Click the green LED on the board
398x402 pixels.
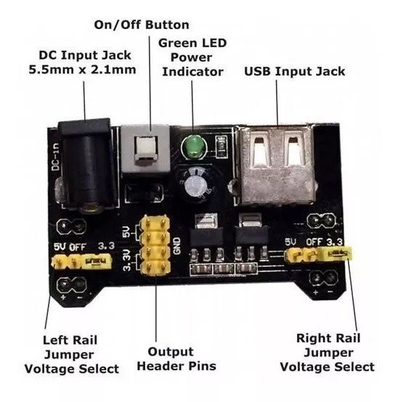tap(194, 148)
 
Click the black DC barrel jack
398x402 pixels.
tap(86, 164)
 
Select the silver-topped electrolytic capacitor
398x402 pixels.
tap(195, 184)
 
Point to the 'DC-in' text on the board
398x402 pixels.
tap(56, 157)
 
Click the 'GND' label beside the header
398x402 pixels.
tap(177, 246)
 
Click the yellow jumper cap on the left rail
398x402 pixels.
tap(97, 261)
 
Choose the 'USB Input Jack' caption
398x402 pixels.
tap(294, 71)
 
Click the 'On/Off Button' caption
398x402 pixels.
tap(142, 25)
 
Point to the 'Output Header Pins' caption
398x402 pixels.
tap(176, 359)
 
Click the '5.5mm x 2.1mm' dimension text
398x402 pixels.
tap(82, 70)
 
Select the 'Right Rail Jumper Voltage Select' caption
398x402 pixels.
tap(328, 353)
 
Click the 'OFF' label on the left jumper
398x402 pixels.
tap(78, 247)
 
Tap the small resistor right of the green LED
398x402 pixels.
tap(222, 147)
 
